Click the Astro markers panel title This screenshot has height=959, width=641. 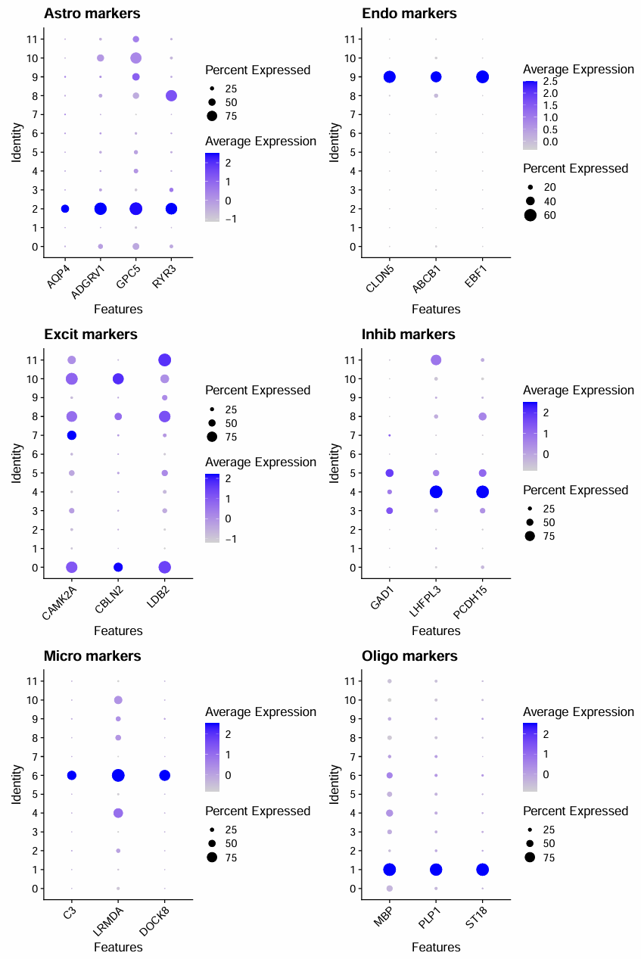(92, 14)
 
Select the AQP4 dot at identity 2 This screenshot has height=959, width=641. (65, 209)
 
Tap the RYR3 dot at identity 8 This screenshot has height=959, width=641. (171, 95)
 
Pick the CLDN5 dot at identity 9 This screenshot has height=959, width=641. (390, 76)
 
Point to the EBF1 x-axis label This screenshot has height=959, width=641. (476, 273)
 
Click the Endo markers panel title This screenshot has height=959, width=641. (409, 14)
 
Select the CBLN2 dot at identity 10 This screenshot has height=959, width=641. (118, 378)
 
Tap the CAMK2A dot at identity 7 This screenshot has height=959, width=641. (72, 435)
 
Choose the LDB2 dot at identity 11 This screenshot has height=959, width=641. (165, 360)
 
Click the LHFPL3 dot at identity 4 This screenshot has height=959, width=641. (436, 492)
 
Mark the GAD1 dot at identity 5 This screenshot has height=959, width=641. (390, 473)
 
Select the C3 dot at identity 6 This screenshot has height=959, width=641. (72, 775)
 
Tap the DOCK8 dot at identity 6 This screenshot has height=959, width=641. (165, 775)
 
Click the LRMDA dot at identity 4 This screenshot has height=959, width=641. (118, 813)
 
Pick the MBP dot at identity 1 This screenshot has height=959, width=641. (390, 870)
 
